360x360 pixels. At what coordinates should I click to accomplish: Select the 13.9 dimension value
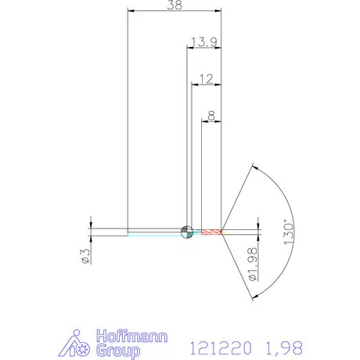pyautogui.click(x=203, y=41)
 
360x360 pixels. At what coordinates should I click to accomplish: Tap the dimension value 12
pyautogui.click(x=207, y=79)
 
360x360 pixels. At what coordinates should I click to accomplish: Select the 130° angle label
pyautogui.click(x=289, y=232)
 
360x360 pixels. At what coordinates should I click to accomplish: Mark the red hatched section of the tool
pyautogui.click(x=211, y=232)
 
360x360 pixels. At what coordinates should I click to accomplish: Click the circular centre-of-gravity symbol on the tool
pyautogui.click(x=186, y=232)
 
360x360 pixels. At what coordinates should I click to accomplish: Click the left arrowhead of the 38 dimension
pyautogui.click(x=131, y=11)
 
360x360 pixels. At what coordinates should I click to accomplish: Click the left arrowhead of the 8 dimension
pyautogui.click(x=204, y=122)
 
